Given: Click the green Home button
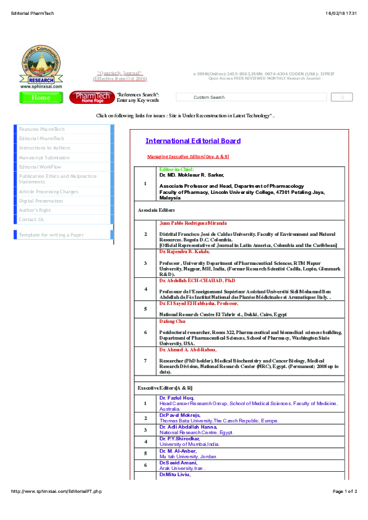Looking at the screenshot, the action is pyautogui.click(x=41, y=98).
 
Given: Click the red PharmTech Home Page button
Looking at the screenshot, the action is pyautogui.click(x=92, y=98).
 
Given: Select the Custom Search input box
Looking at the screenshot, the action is pyautogui.click(x=251, y=97).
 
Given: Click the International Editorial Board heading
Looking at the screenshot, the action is pyautogui.click(x=193, y=141).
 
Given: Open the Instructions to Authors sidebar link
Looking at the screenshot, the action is pyautogui.click(x=45, y=148).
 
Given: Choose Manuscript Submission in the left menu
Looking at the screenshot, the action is pyautogui.click(x=44, y=157).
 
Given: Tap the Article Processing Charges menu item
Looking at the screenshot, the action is pyautogui.click(x=49, y=191).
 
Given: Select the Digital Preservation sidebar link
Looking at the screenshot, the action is pyautogui.click(x=41, y=201).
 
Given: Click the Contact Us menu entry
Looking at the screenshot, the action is pyautogui.click(x=32, y=219).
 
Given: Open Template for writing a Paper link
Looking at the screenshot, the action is pyautogui.click(x=51, y=235).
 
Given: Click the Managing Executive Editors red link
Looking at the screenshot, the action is pyautogui.click(x=188, y=157).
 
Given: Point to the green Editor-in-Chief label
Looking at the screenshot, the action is pyautogui.click(x=176, y=169).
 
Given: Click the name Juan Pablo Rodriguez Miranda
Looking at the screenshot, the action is pyautogui.click(x=193, y=223).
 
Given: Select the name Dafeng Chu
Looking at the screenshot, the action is pyautogui.click(x=172, y=321).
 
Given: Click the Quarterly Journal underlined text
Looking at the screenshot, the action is pyautogui.click(x=120, y=73).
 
